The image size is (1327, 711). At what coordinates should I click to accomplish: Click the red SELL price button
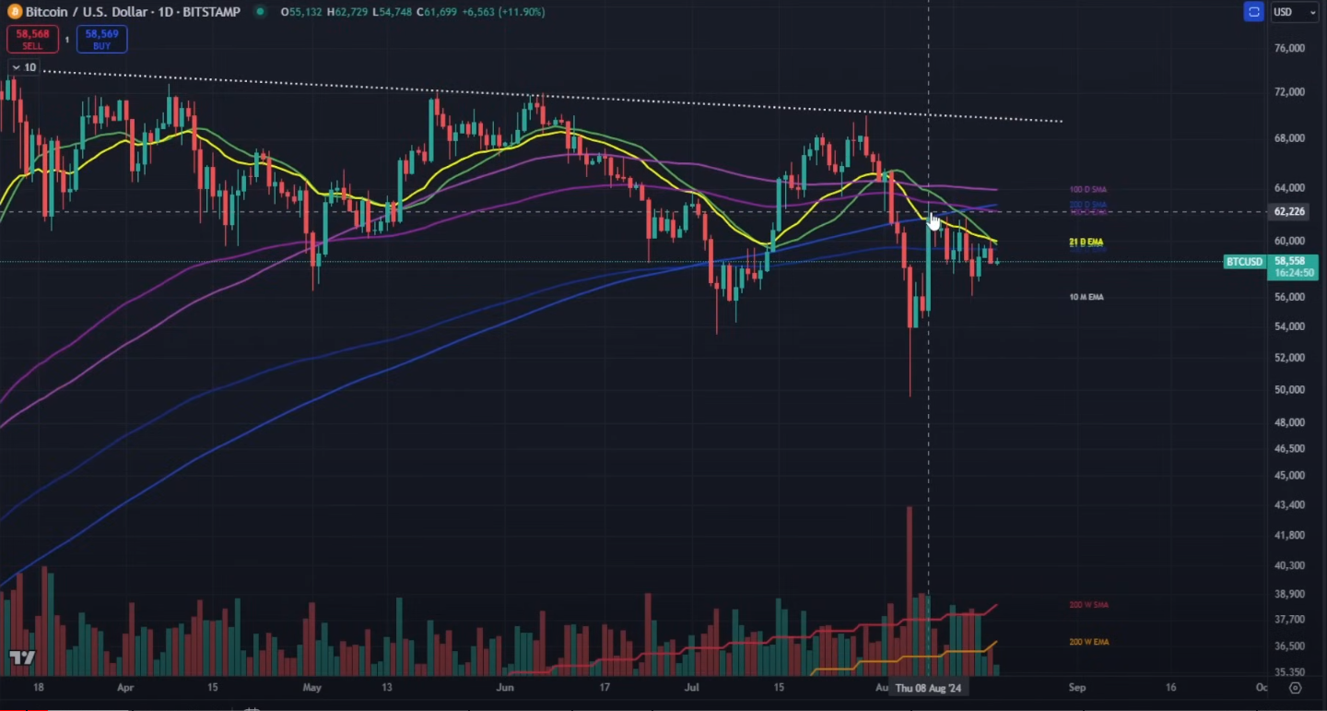pos(32,39)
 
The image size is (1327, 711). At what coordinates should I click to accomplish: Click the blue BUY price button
pos(101,39)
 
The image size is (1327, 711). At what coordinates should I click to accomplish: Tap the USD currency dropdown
pos(1294,12)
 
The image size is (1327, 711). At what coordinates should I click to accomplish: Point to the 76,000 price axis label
pos(1288,49)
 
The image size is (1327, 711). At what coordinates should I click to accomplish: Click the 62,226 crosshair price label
pos(1288,212)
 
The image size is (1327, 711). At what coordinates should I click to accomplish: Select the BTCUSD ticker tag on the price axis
pos(1243,262)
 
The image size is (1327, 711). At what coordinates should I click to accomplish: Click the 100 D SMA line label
pos(1087,189)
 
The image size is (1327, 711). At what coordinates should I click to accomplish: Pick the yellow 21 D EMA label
pos(1086,242)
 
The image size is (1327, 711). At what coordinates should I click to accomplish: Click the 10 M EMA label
pos(1086,297)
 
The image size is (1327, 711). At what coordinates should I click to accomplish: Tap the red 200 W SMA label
pos(1088,605)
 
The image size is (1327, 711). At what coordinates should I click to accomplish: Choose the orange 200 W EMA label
pos(1088,642)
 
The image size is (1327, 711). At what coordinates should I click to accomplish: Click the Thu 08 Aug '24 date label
pos(928,688)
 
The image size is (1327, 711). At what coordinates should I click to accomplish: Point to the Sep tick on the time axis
pos(1076,688)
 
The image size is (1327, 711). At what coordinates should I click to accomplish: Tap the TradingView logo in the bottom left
pos(22,658)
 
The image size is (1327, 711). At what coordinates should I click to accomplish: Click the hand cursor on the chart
pos(934,220)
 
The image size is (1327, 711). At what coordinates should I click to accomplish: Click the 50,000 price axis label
pos(1288,389)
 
